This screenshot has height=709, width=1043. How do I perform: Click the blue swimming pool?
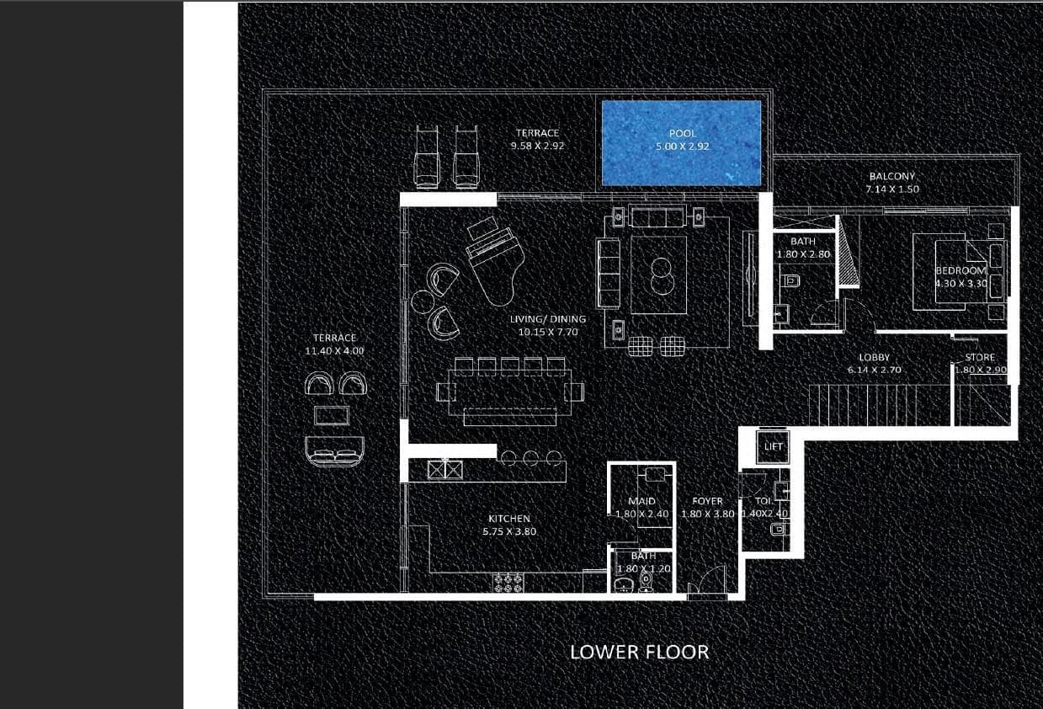[x=681, y=143]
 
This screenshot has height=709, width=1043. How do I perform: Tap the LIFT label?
[x=773, y=446]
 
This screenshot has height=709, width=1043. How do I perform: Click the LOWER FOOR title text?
[x=639, y=652]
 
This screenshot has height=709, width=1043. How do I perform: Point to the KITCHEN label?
[x=509, y=519]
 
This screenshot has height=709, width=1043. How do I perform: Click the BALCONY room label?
[x=891, y=177]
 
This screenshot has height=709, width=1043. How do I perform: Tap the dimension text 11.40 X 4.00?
[x=335, y=350]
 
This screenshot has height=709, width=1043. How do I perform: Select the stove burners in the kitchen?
[x=508, y=582]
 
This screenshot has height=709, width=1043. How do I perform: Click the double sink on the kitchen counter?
[x=446, y=469]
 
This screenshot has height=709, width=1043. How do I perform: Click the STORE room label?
[x=979, y=358]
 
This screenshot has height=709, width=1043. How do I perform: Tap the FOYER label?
[x=707, y=501]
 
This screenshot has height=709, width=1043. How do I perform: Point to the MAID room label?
[x=641, y=501]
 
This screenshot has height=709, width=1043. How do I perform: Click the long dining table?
[x=509, y=392]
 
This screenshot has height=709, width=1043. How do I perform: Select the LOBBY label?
[x=874, y=358]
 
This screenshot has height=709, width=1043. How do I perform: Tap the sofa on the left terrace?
[x=334, y=451]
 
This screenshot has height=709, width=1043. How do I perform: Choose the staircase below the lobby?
[x=880, y=406]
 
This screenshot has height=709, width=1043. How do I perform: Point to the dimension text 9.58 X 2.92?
[x=537, y=146]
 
